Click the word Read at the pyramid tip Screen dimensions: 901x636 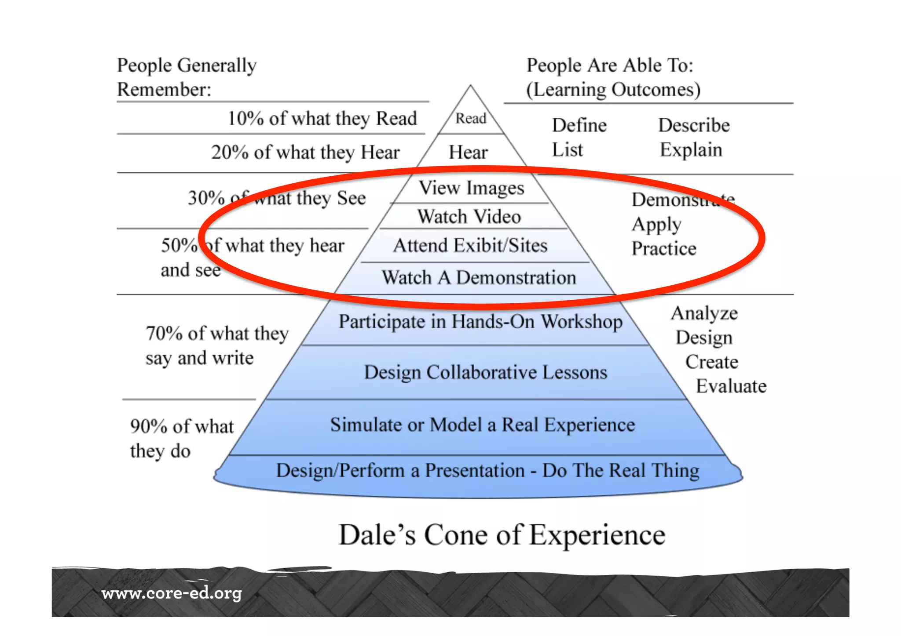470,118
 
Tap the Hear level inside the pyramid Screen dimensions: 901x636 468,152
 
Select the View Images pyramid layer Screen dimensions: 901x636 471,188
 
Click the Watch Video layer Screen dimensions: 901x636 469,217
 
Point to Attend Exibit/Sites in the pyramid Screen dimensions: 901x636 470,245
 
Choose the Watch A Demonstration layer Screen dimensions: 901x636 479,278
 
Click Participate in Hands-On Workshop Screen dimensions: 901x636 480,321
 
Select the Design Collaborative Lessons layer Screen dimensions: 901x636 485,372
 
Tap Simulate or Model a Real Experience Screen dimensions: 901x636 483,425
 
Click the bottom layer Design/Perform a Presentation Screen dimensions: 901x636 487,471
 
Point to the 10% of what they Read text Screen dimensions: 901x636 322,118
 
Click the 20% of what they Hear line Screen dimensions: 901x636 305,153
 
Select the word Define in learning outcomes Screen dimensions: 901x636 579,126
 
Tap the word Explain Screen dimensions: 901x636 691,150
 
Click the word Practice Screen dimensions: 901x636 664,249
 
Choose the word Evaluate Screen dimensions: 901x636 731,386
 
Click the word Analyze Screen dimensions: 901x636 704,313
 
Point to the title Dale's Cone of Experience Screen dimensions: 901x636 502,535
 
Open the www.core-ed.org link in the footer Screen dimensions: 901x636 172,593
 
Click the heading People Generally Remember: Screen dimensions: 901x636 187,77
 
